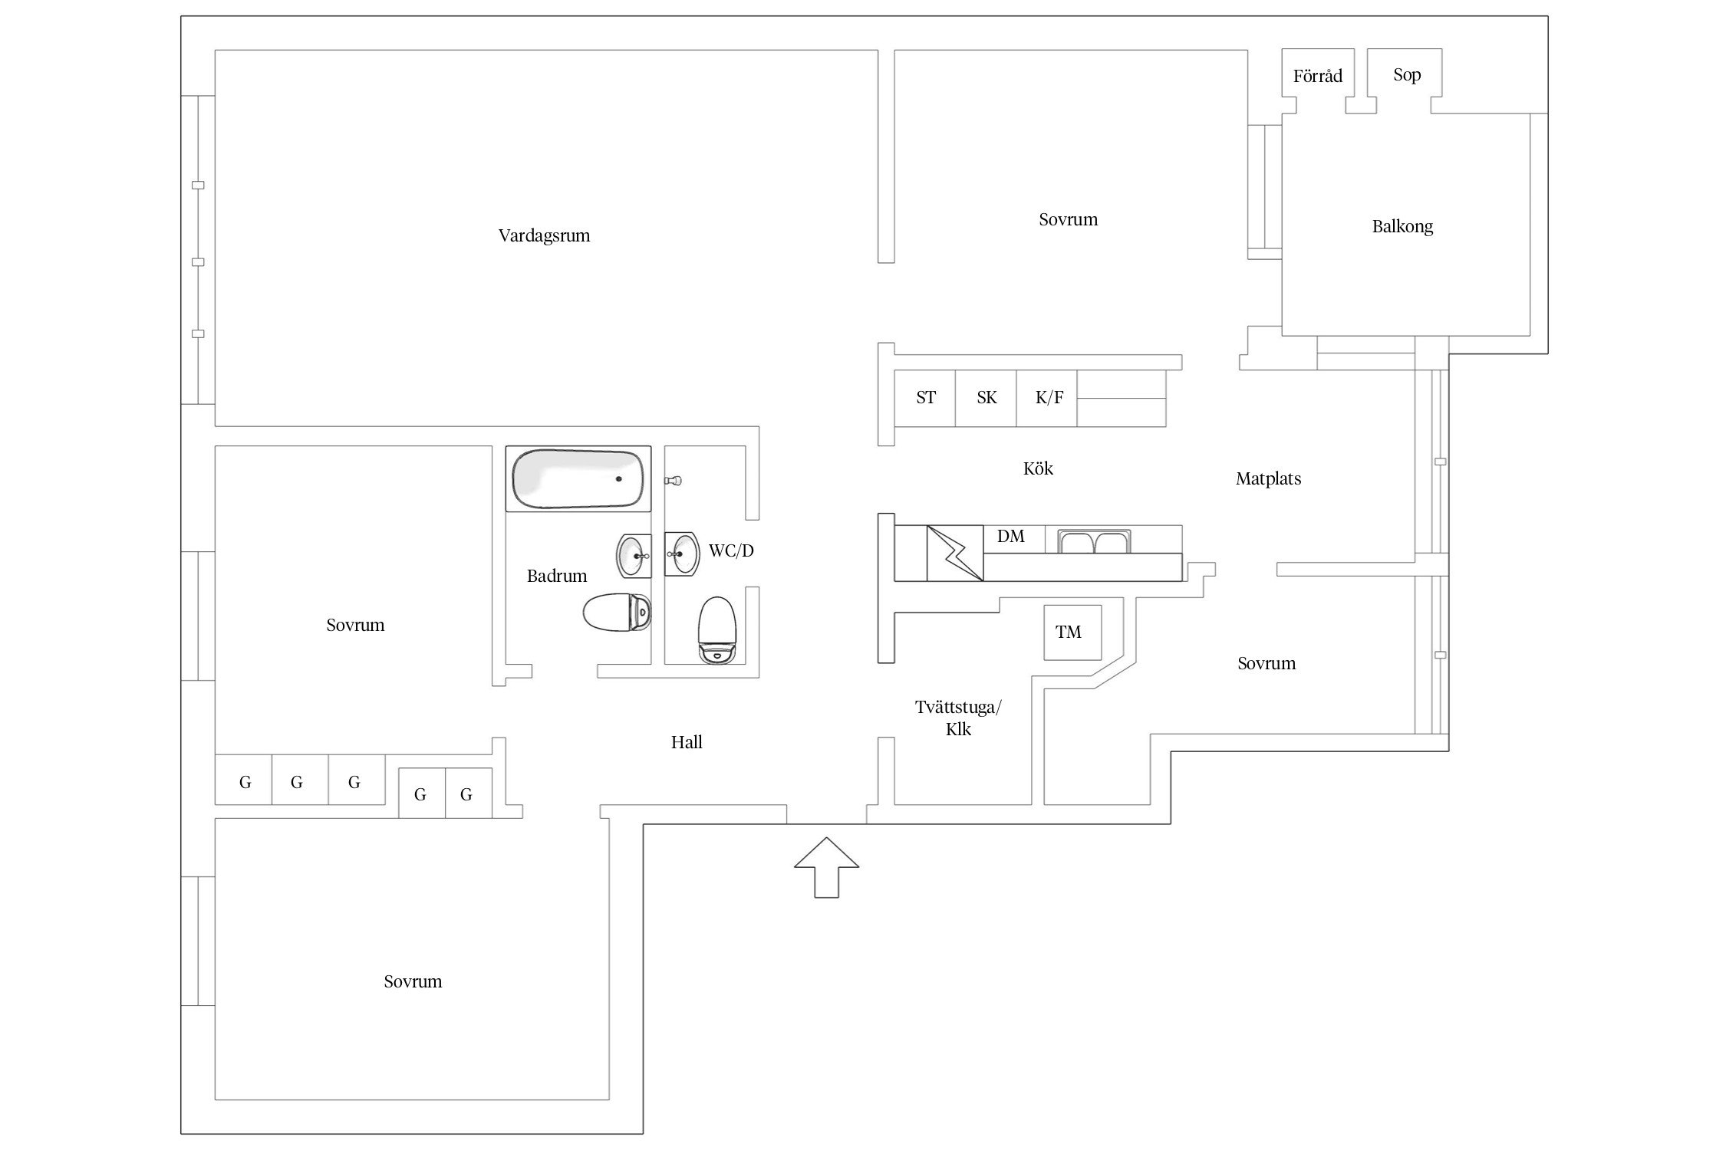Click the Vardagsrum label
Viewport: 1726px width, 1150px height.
point(544,235)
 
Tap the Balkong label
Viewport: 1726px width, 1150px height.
point(1402,226)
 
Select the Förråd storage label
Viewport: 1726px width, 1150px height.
point(1317,76)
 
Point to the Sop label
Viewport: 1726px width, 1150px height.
point(1407,74)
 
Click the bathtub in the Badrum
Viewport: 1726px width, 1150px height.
point(578,478)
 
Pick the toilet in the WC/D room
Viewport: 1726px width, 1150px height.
point(717,630)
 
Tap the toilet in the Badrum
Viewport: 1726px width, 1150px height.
point(617,613)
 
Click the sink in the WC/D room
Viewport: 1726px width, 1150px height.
point(681,554)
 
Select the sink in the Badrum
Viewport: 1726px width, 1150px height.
point(634,556)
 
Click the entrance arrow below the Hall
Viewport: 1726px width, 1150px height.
point(826,866)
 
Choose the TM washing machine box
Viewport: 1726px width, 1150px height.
point(1072,632)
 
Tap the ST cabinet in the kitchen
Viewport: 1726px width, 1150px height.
point(925,398)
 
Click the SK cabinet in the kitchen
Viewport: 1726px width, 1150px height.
point(986,398)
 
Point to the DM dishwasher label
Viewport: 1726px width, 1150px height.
point(1010,537)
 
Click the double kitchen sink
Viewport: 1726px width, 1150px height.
point(1092,542)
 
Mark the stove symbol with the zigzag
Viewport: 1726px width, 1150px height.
point(955,553)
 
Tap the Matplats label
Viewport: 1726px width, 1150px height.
point(1268,479)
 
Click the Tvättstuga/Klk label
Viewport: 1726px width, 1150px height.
point(958,718)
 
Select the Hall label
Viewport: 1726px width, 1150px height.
point(687,742)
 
